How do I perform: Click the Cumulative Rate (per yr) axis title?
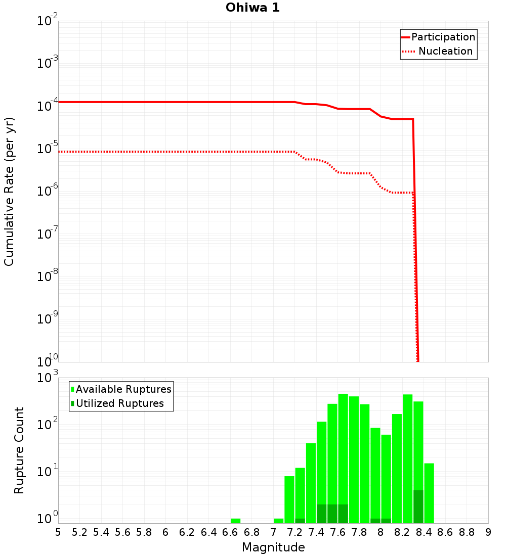coord(9,191)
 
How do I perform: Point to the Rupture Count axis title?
coord(19,450)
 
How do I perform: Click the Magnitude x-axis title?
coord(273,547)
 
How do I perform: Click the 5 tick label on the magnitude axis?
coord(58,532)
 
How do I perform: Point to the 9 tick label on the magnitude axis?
coord(488,532)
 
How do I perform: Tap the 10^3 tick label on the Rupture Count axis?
coord(48,378)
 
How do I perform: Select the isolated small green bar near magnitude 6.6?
coord(235,521)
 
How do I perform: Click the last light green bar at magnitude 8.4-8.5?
coord(429,493)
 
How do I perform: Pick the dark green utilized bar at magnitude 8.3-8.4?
coord(418,506)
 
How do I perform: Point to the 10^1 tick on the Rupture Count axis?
coord(48,472)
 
